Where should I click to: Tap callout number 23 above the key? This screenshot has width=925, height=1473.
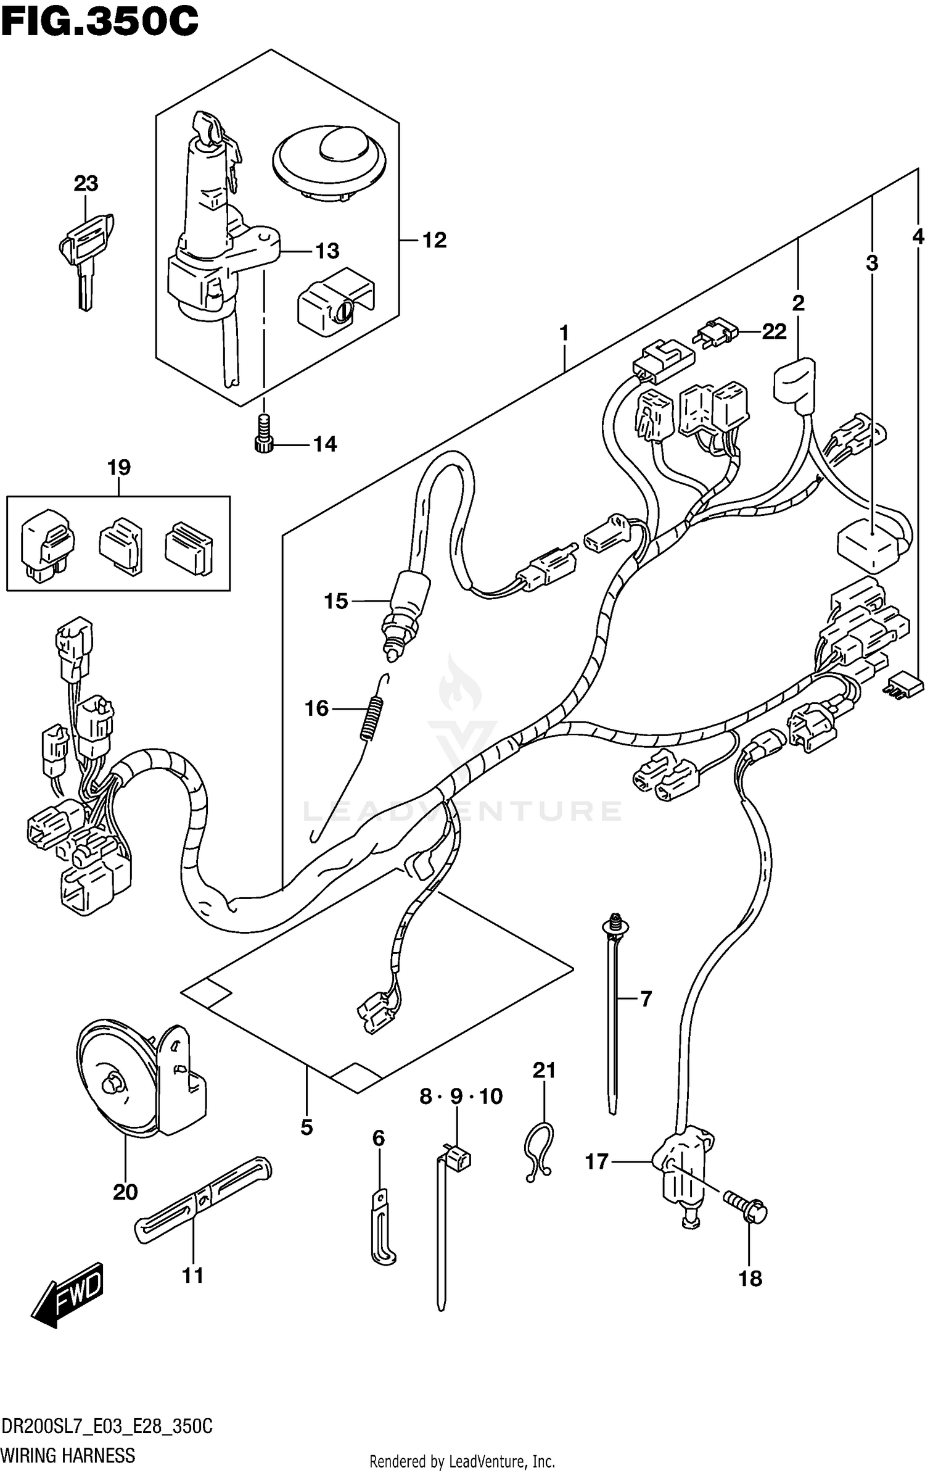coord(86,183)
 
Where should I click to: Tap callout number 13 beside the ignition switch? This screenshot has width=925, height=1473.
coord(327,251)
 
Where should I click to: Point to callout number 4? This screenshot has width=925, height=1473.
coord(918,236)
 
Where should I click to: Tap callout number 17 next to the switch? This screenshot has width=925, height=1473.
coord(596,1162)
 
